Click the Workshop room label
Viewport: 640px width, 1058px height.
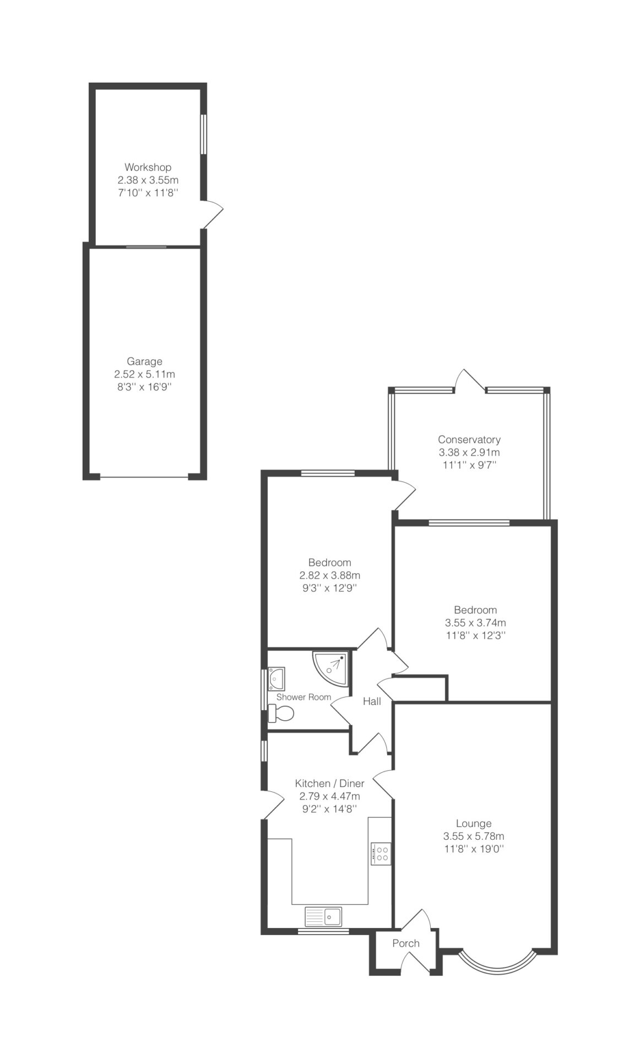(148, 167)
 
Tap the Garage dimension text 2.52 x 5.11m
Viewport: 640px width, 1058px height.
(145, 374)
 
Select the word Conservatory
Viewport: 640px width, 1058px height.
(469, 440)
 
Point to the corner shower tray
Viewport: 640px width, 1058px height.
(330, 668)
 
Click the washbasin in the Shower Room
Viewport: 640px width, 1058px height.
(276, 678)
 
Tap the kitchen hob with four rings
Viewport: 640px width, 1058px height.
(381, 854)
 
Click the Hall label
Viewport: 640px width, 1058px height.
(372, 701)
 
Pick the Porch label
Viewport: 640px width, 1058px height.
(406, 943)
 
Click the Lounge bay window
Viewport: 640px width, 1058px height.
(497, 965)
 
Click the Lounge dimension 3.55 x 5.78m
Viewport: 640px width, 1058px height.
(474, 836)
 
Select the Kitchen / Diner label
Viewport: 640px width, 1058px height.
(329, 784)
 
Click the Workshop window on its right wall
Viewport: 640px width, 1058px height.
(203, 134)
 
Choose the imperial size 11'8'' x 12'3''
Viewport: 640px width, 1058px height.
(475, 635)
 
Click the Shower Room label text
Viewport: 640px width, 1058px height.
(303, 697)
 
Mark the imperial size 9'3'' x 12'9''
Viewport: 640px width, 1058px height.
(329, 588)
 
